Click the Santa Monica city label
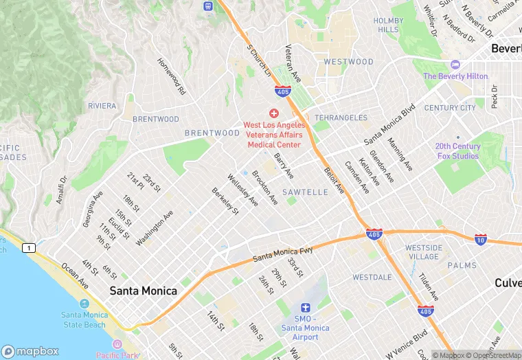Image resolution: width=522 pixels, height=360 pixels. [144, 291]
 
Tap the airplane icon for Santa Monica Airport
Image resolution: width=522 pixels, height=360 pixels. [306, 307]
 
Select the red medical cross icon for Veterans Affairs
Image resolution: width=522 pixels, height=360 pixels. [273, 113]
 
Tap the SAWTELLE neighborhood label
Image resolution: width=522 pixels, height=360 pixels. [305, 192]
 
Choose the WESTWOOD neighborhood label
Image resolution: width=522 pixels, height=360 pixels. [348, 62]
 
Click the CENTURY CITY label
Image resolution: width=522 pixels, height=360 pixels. [450, 108]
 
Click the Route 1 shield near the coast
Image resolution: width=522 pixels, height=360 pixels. [28, 247]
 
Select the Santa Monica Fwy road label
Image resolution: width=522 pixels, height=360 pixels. [282, 254]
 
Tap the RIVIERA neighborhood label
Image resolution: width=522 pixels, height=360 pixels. [102, 106]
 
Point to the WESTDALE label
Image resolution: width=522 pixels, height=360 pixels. [372, 278]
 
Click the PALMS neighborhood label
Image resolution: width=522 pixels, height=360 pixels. [462, 265]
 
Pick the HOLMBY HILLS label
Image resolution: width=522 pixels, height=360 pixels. [388, 25]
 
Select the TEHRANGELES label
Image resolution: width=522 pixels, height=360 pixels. [341, 118]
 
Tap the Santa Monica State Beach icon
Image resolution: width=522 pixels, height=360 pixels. [84, 303]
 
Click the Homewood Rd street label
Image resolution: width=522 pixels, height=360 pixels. [172, 76]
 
